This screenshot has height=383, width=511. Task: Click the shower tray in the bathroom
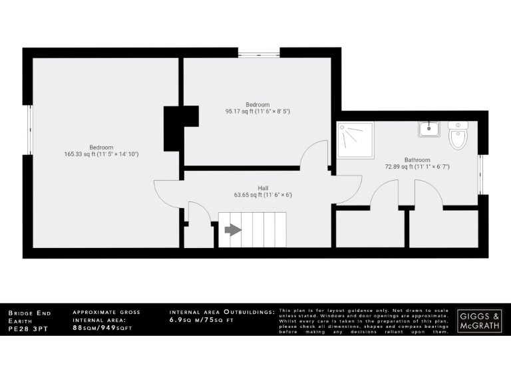(x=355, y=139)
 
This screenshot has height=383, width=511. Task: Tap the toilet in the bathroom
(x=458, y=136)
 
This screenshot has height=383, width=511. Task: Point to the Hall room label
(x=263, y=188)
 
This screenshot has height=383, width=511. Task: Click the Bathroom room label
(x=417, y=160)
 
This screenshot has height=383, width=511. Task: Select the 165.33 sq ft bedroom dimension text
(x=102, y=154)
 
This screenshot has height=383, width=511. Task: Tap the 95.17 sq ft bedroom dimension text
(x=257, y=112)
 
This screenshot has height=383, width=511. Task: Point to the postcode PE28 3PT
(x=25, y=328)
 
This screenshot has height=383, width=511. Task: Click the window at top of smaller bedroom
(x=259, y=54)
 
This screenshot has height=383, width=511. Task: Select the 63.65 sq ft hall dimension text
(x=263, y=195)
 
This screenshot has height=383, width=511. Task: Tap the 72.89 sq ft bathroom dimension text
(x=417, y=167)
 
